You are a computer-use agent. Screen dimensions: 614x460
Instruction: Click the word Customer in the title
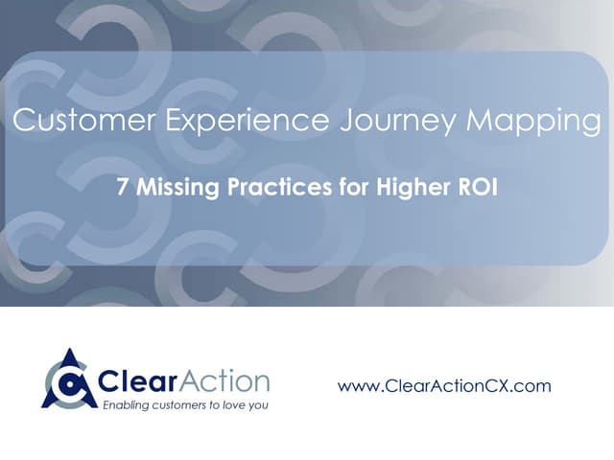[x=84, y=120]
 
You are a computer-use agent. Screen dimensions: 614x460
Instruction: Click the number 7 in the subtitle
[x=122, y=187]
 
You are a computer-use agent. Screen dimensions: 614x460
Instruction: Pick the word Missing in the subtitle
[x=177, y=188]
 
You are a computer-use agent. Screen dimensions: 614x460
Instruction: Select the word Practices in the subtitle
[x=279, y=187]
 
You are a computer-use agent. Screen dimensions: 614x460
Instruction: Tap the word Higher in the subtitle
[x=412, y=188]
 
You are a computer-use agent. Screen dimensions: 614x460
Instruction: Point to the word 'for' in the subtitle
[x=354, y=186]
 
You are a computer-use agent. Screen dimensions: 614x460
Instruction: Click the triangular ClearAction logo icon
[x=69, y=379]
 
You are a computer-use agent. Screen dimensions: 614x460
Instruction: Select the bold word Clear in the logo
[x=137, y=381]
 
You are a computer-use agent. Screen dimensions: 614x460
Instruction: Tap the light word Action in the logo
[x=224, y=380]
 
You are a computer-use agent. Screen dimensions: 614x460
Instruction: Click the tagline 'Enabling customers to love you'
[x=185, y=404]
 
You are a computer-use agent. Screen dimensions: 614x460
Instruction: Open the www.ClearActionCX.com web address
[x=444, y=386]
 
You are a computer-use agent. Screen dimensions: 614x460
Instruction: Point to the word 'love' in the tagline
[x=235, y=404]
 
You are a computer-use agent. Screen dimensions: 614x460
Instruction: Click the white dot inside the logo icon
[x=69, y=383]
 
